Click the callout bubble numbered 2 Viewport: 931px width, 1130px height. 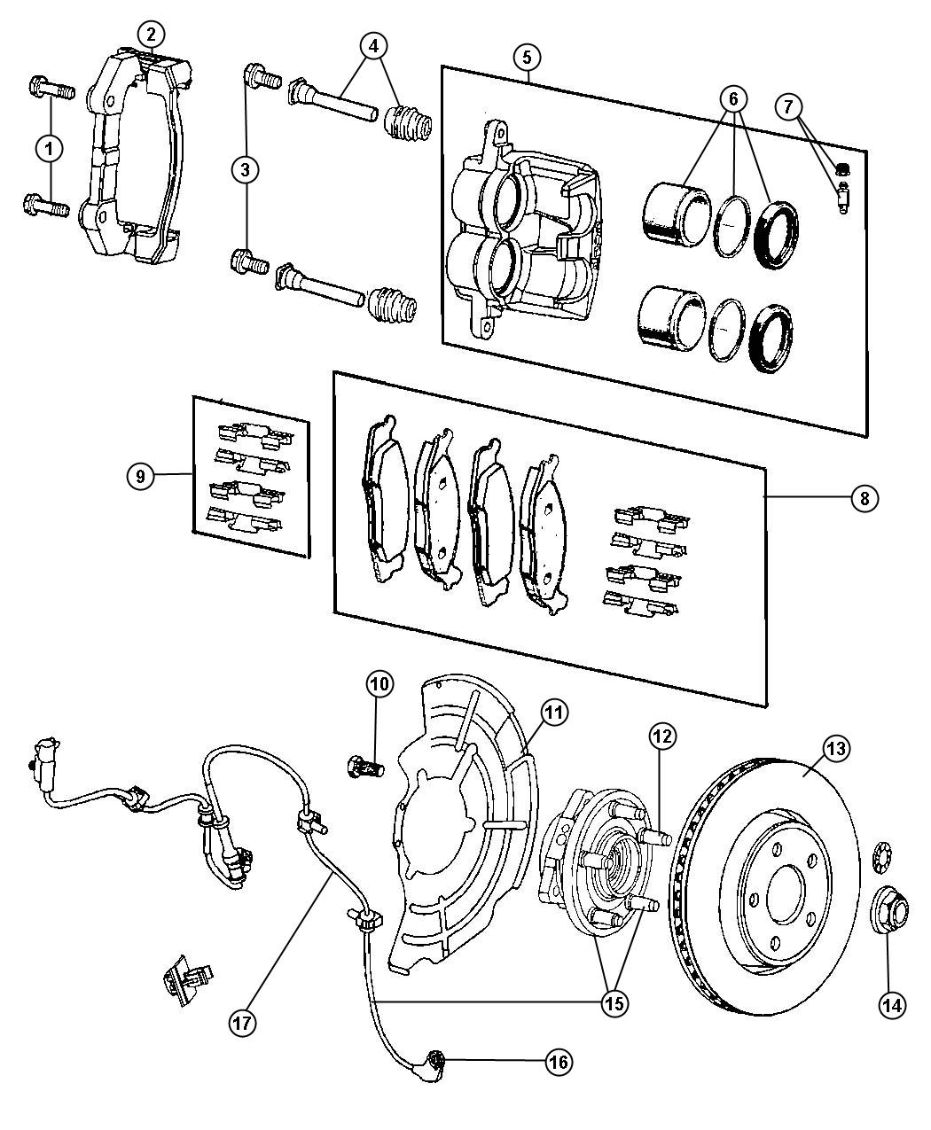tap(151, 35)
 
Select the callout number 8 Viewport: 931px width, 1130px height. tap(864, 498)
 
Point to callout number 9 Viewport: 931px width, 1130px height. tap(139, 476)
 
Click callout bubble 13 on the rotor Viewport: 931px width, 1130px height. tap(836, 749)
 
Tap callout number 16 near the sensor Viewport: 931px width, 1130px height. tap(558, 1061)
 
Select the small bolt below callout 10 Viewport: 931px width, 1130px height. tap(364, 762)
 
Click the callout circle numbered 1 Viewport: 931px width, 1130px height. tap(50, 149)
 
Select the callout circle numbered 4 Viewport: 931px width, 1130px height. tap(374, 44)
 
